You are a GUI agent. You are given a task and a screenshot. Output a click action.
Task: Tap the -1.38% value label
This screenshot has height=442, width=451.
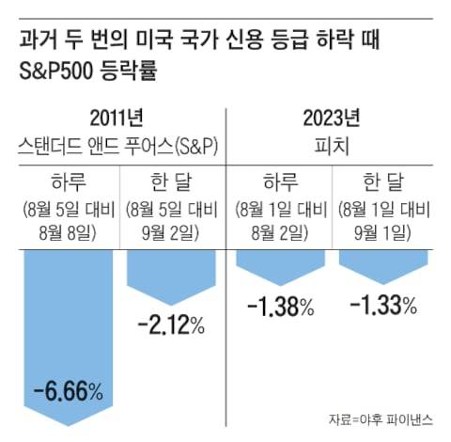(x=278, y=306)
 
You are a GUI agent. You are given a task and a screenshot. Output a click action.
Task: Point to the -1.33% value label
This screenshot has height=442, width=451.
(x=383, y=306)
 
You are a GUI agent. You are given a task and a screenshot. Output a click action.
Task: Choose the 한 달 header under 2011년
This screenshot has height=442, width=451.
(x=171, y=181)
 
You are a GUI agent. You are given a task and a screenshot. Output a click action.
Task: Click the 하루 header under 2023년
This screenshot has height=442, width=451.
(x=278, y=181)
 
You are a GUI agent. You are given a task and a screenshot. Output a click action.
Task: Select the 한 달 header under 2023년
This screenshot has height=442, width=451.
(x=383, y=181)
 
